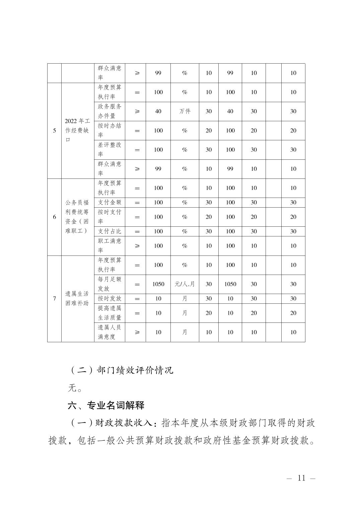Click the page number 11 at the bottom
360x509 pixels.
301,478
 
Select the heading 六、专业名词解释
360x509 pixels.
106,406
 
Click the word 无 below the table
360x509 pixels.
72,388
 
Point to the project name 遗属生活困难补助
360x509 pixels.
77,298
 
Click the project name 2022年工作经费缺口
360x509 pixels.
77,130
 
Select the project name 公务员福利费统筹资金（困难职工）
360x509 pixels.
77,217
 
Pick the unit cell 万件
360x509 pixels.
185,111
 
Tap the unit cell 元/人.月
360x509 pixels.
185,284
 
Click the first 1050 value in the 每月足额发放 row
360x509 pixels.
158,284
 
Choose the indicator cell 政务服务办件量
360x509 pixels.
110,111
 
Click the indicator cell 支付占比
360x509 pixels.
110,231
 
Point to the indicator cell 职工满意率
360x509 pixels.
110,245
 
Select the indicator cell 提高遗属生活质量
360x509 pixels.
110,313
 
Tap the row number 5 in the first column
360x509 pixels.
54,131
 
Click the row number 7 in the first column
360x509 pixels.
54,298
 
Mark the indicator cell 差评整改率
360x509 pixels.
110,149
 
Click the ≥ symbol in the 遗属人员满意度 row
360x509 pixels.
137,332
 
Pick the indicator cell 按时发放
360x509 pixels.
110,298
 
